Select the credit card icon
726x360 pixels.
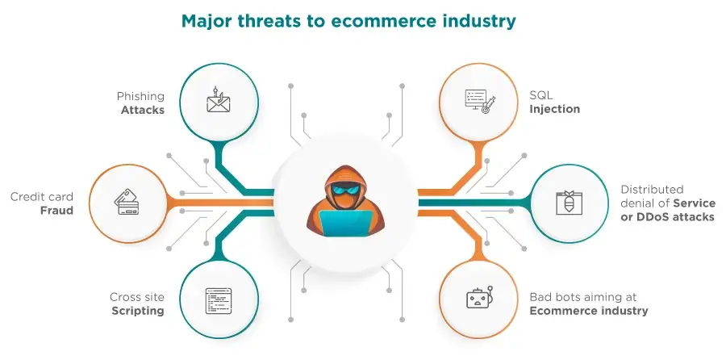(127, 202)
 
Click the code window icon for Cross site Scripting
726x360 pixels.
(219, 301)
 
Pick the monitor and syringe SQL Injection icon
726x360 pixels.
(480, 103)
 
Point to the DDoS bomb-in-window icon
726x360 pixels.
(569, 203)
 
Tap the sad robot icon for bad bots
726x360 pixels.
(480, 298)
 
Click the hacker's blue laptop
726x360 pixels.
(345, 224)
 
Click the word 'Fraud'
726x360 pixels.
(56, 211)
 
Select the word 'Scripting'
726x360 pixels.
(138, 311)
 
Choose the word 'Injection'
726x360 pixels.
(555, 109)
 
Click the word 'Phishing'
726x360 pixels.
(140, 97)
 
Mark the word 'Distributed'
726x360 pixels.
(645, 190)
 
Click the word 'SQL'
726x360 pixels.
(541, 95)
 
